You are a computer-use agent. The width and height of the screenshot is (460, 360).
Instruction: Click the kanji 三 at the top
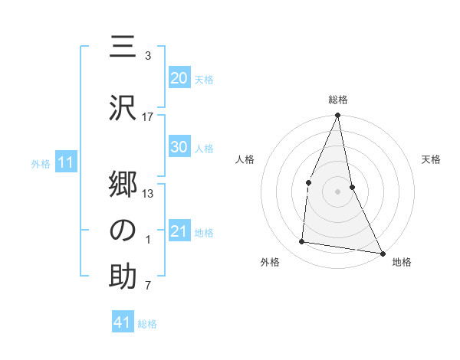(x=123, y=48)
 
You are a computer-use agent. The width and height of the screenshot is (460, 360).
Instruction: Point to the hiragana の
(x=123, y=230)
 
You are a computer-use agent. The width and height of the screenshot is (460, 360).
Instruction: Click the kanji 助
(x=123, y=277)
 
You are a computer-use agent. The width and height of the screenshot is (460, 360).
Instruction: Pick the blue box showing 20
(x=179, y=77)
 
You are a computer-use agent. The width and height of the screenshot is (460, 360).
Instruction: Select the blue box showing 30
(x=179, y=147)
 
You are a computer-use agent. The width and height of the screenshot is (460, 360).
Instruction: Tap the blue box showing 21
(x=179, y=231)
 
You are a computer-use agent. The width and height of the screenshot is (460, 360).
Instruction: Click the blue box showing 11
(x=65, y=162)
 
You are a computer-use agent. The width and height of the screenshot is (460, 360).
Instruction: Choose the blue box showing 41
(x=123, y=322)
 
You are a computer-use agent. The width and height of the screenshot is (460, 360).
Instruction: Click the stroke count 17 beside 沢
(x=147, y=116)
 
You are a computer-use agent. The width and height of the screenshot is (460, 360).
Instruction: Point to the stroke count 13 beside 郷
(x=147, y=193)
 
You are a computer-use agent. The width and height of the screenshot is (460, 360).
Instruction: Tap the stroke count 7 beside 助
(x=147, y=286)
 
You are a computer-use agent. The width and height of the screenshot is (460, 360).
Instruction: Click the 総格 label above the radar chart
(x=337, y=100)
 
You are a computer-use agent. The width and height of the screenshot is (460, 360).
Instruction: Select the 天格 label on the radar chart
(x=432, y=159)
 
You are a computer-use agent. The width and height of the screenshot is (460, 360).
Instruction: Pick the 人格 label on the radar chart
(x=245, y=159)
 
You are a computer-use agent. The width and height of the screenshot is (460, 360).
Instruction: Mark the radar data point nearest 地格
(x=382, y=252)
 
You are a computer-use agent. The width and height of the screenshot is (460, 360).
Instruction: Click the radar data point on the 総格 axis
(x=337, y=116)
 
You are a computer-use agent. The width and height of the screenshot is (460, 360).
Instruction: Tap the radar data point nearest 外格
(x=302, y=242)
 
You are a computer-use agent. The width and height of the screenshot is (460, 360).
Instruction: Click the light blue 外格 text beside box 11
(x=40, y=163)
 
